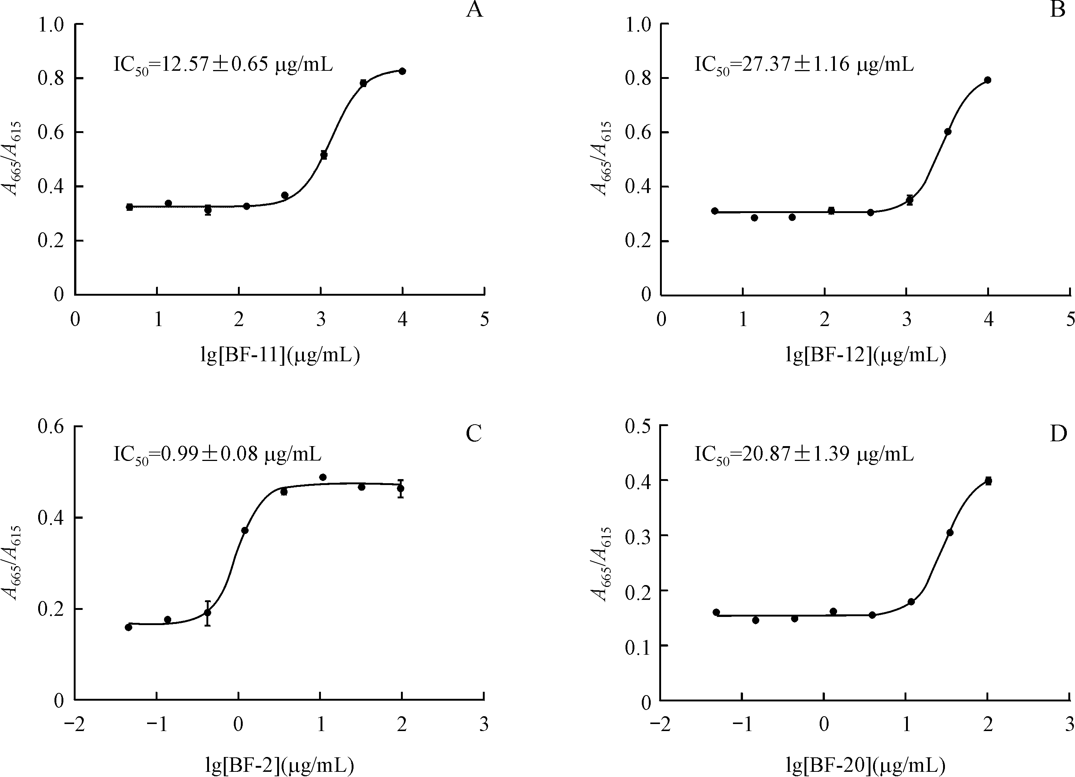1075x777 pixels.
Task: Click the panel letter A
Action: [x=474, y=10]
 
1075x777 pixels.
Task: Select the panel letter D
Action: [x=1058, y=433]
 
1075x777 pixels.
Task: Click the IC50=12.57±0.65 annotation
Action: [x=223, y=64]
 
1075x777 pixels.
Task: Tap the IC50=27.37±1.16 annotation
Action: [x=804, y=64]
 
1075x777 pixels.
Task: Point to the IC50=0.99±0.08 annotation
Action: [x=217, y=454]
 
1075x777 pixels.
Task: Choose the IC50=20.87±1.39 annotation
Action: [x=804, y=454]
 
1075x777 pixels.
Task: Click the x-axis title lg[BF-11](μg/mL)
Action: [x=280, y=355]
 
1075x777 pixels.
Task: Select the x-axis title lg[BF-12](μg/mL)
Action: [x=866, y=355]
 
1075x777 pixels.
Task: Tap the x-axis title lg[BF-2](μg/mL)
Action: [x=280, y=765]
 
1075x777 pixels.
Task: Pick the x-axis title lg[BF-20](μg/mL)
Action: [x=866, y=765]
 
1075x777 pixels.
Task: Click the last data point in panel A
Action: [x=402, y=71]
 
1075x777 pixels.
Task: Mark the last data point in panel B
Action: [x=988, y=80]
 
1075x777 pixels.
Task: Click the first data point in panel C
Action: [x=129, y=627]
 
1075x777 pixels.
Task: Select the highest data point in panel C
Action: [x=323, y=477]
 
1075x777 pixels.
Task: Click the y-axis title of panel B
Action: [x=601, y=159]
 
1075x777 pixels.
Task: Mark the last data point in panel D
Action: [x=988, y=481]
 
